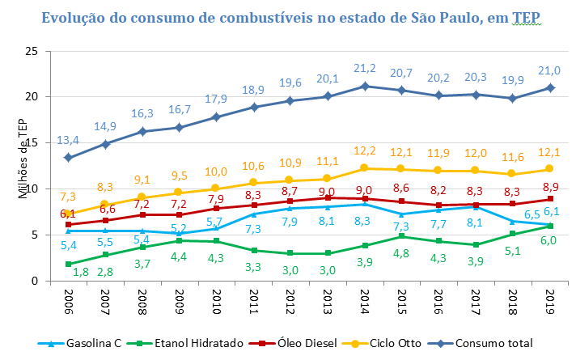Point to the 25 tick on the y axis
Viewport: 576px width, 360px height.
click(32, 51)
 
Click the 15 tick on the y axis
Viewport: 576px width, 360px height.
click(32, 143)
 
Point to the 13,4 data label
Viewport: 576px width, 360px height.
click(69, 140)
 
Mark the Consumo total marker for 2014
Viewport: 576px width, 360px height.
click(366, 86)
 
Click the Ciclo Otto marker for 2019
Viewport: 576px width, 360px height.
click(551, 169)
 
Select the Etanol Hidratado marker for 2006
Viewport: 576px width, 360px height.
click(68, 264)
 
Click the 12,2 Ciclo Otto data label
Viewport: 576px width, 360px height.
click(366, 150)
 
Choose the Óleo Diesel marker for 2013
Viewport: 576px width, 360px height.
click(328, 197)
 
